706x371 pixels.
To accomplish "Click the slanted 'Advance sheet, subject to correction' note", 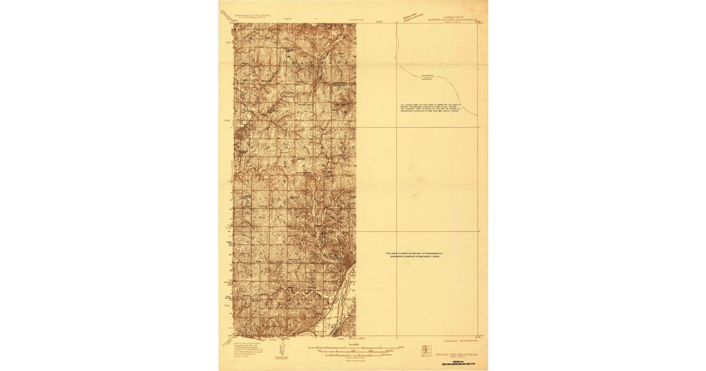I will (416, 15).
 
